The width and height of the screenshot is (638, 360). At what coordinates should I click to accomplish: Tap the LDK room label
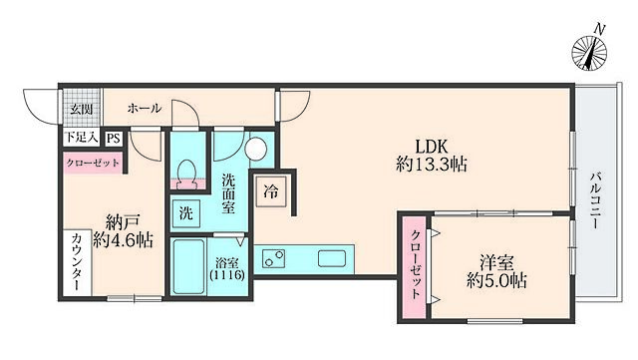(431, 146)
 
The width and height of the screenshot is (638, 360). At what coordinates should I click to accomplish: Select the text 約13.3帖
(432, 165)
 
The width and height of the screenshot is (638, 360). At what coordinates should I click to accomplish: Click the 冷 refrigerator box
(271, 191)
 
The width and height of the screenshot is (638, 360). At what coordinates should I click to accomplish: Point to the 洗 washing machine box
(186, 213)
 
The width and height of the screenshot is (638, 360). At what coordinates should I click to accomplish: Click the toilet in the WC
(187, 173)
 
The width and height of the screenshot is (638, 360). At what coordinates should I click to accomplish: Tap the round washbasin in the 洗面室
(256, 149)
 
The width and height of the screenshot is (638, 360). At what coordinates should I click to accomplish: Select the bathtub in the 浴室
(188, 266)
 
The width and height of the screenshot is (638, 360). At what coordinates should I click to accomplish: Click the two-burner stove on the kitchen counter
(273, 258)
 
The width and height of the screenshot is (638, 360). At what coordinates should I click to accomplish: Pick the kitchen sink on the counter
(332, 258)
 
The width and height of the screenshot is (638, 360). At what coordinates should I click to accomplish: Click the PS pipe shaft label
(114, 139)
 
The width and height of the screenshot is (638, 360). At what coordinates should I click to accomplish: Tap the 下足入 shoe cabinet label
(82, 138)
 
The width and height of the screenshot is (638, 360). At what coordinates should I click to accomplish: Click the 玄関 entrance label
(81, 109)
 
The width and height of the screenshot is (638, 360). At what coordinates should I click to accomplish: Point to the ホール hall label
(145, 108)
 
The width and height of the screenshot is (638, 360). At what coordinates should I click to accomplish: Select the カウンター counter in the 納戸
(78, 262)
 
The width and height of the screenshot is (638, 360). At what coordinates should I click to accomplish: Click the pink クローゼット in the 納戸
(93, 163)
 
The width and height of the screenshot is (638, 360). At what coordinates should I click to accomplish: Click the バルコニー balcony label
(596, 200)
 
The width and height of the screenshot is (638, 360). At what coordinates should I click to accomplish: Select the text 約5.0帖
(496, 280)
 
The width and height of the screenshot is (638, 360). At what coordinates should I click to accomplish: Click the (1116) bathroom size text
(227, 275)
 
